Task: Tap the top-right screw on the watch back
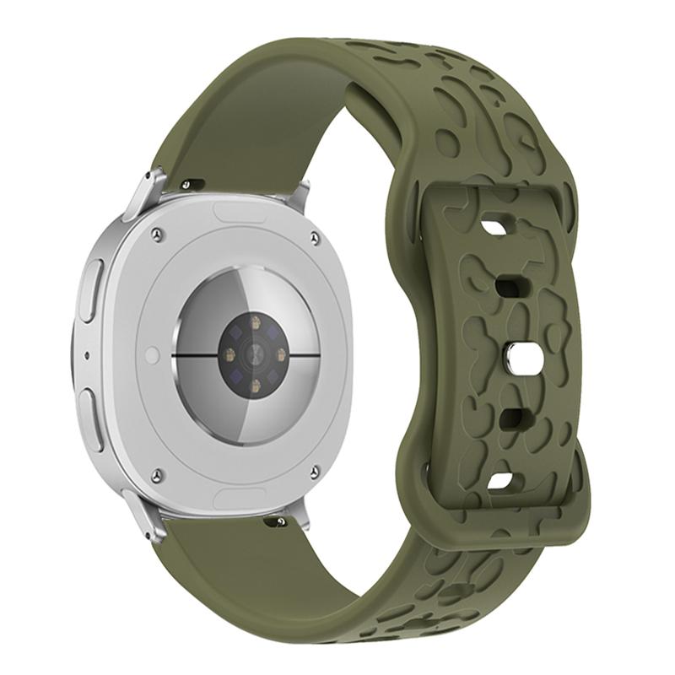point(315,240)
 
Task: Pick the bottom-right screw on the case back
point(314,472)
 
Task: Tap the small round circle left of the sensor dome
point(152,355)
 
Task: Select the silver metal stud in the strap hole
point(512,356)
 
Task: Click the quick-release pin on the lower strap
point(275,523)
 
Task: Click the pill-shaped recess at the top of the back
point(240,213)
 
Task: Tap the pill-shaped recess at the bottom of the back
point(240,496)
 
